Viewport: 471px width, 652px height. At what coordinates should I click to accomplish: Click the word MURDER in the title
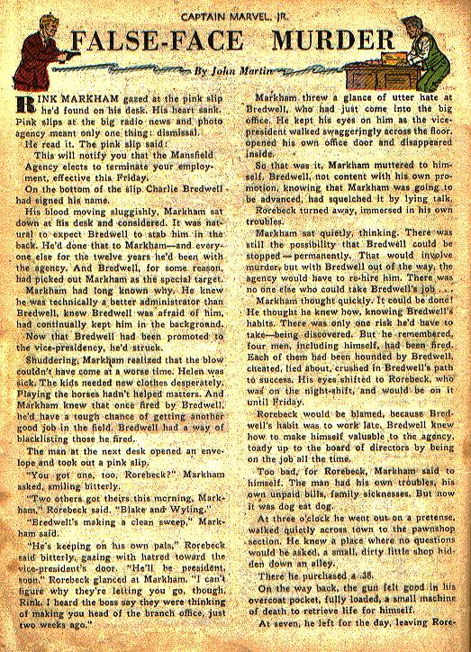click(x=323, y=43)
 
